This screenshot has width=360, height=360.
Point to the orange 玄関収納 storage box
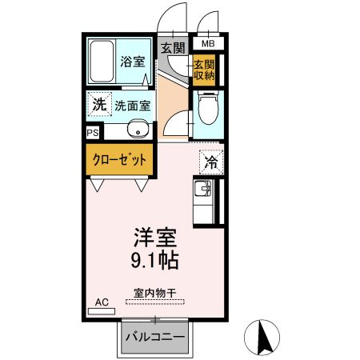[203, 70]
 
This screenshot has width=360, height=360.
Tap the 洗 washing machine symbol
[98, 104]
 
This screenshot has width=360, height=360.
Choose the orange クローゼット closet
[118, 159]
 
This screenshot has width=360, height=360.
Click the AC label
[102, 302]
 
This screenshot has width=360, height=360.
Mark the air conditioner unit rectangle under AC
[102, 310]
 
